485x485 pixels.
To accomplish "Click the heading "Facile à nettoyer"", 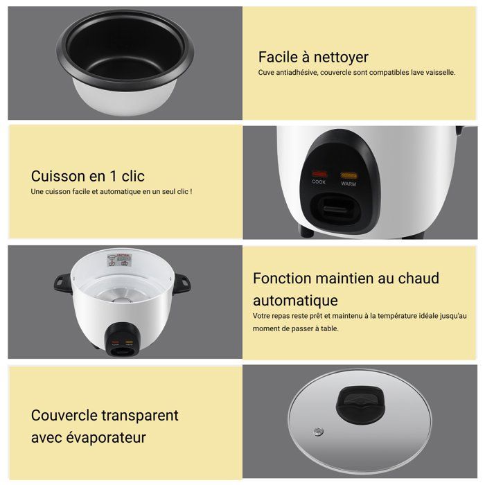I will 313,57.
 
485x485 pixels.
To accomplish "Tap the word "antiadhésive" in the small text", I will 297,72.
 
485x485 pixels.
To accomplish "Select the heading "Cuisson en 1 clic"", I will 87,176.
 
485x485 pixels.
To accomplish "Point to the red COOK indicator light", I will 319,175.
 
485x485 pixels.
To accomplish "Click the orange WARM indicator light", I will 348,175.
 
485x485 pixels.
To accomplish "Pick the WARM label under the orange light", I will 348,184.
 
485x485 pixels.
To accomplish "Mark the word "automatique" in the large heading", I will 295,301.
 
